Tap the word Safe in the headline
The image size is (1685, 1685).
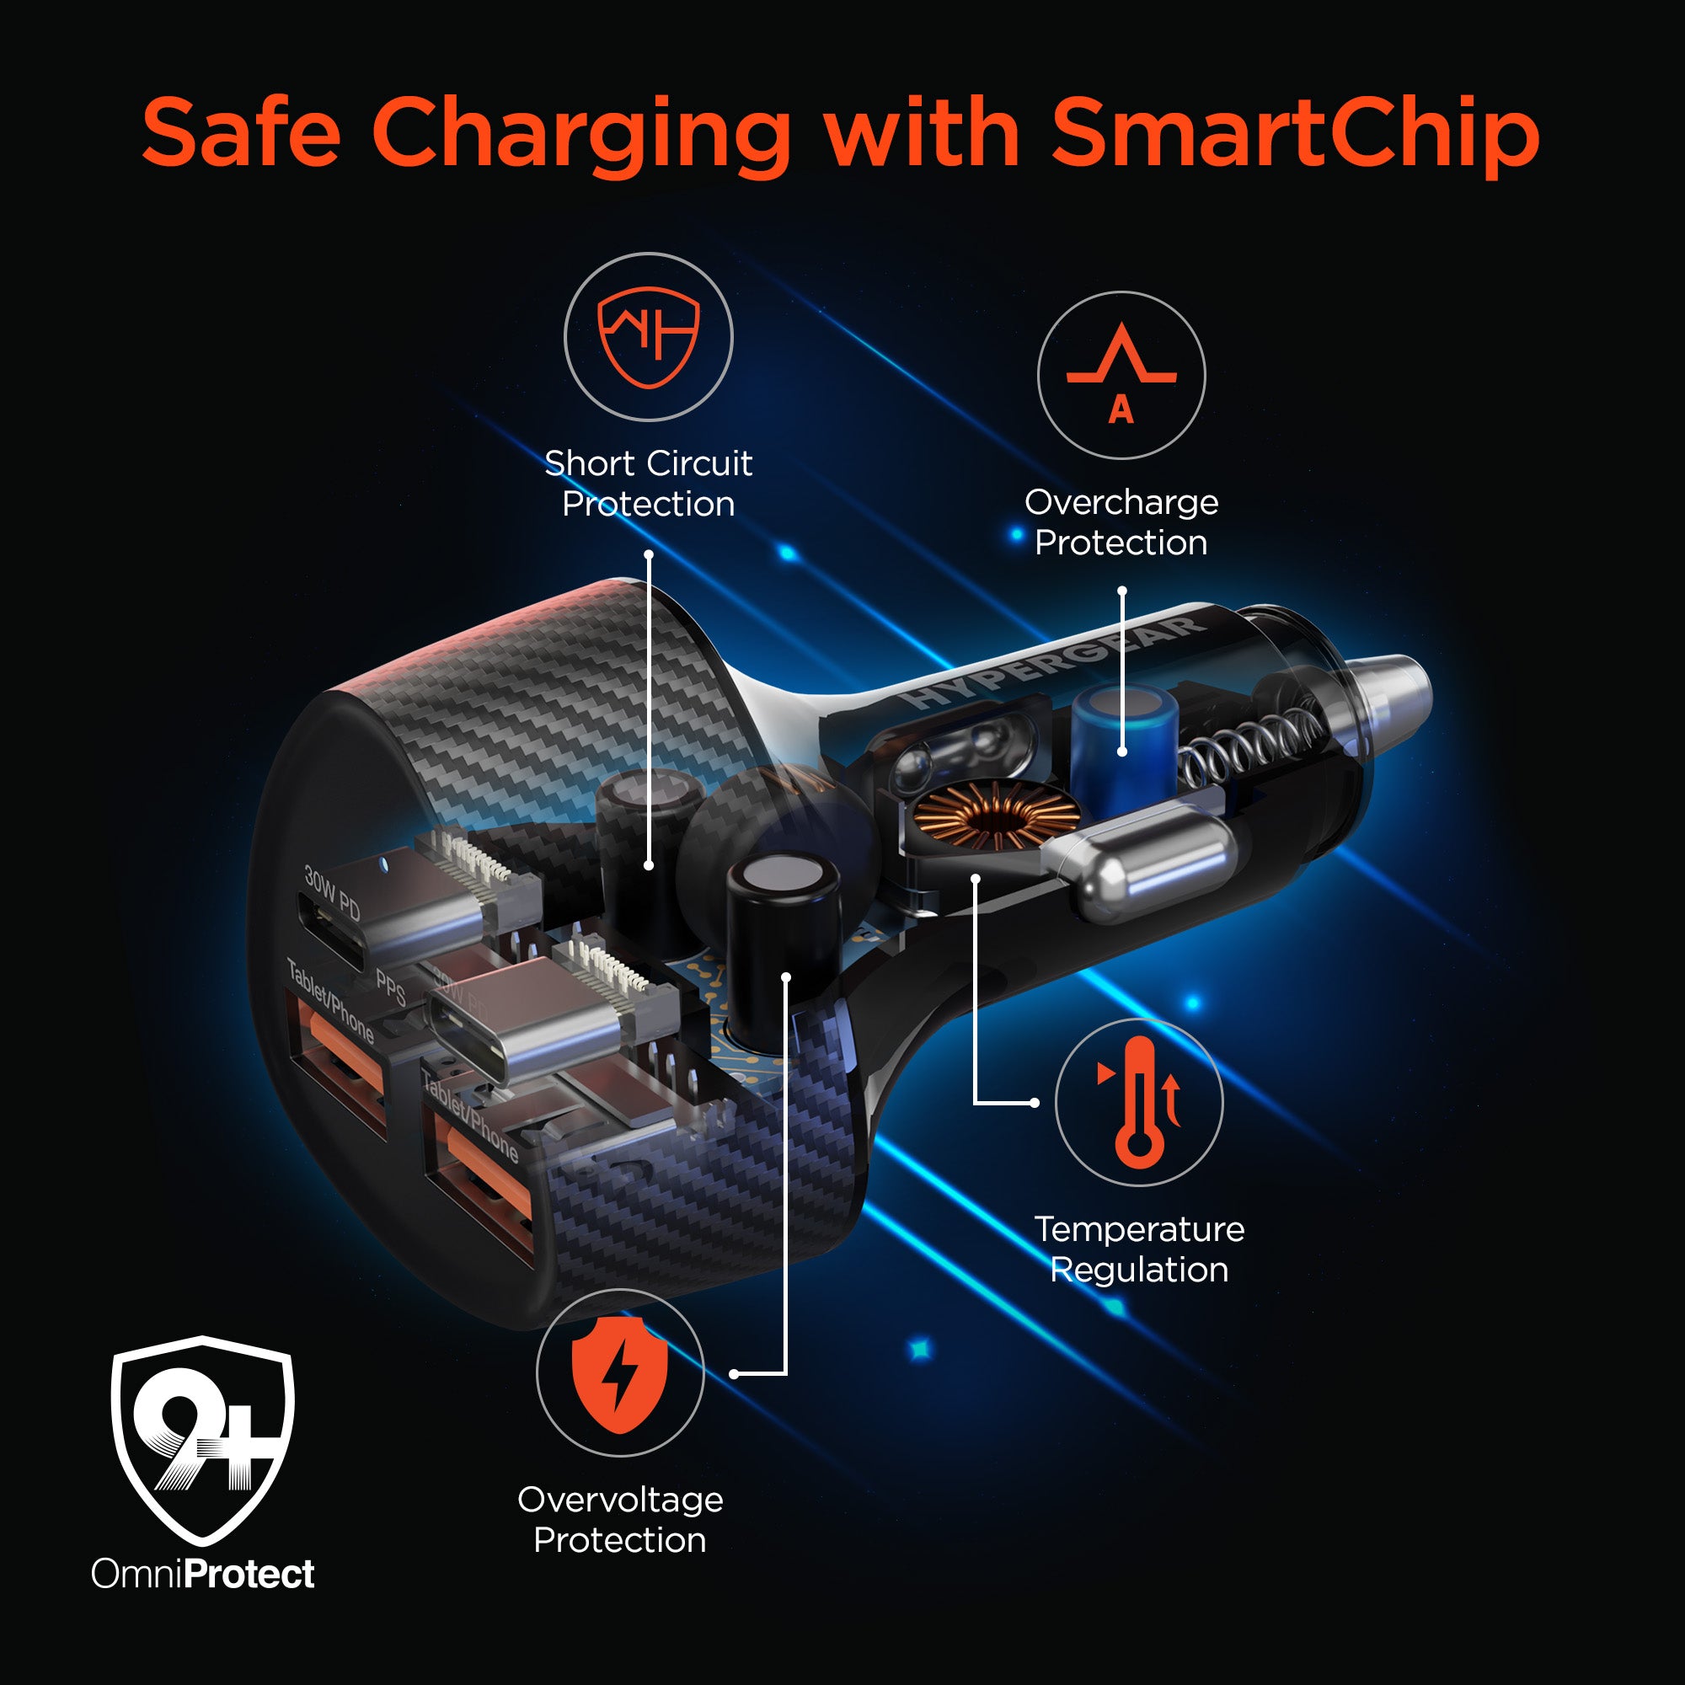[240, 132]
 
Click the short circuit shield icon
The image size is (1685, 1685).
[648, 337]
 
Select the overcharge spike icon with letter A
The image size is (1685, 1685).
[1121, 373]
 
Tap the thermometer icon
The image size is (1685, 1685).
[1139, 1101]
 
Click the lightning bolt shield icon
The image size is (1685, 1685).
[619, 1374]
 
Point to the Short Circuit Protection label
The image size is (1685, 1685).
[648, 483]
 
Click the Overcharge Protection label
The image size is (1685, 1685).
[1121, 522]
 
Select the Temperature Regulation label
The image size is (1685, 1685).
[1139, 1249]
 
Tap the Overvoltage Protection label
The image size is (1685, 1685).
[620, 1519]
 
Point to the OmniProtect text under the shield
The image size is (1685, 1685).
[202, 1573]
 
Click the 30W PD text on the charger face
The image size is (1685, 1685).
[332, 892]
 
